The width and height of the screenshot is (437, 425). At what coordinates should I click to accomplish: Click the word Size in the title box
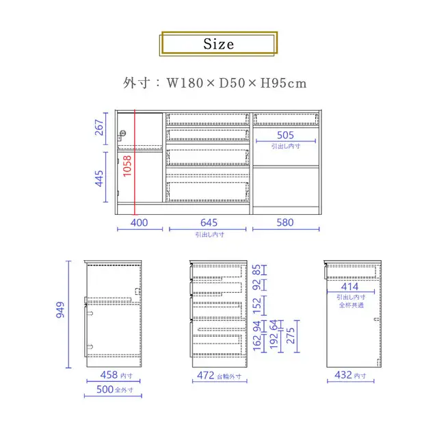pos(219,44)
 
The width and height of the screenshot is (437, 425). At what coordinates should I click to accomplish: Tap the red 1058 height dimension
pos(127,166)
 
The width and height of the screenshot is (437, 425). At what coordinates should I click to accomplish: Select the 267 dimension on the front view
pos(99,127)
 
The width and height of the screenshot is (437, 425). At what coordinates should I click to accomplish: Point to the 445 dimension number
pos(99,179)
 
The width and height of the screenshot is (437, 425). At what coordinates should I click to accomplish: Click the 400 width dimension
pos(140,223)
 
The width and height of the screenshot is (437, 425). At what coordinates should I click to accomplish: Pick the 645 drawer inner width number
pos(209,223)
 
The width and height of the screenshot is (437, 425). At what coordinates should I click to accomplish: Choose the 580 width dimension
pos(285,222)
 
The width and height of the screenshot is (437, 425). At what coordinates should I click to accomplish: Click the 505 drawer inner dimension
pos(285,136)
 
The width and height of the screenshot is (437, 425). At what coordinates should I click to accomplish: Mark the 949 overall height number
pos(60,309)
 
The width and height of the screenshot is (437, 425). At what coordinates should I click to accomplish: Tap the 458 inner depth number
pos(109,375)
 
